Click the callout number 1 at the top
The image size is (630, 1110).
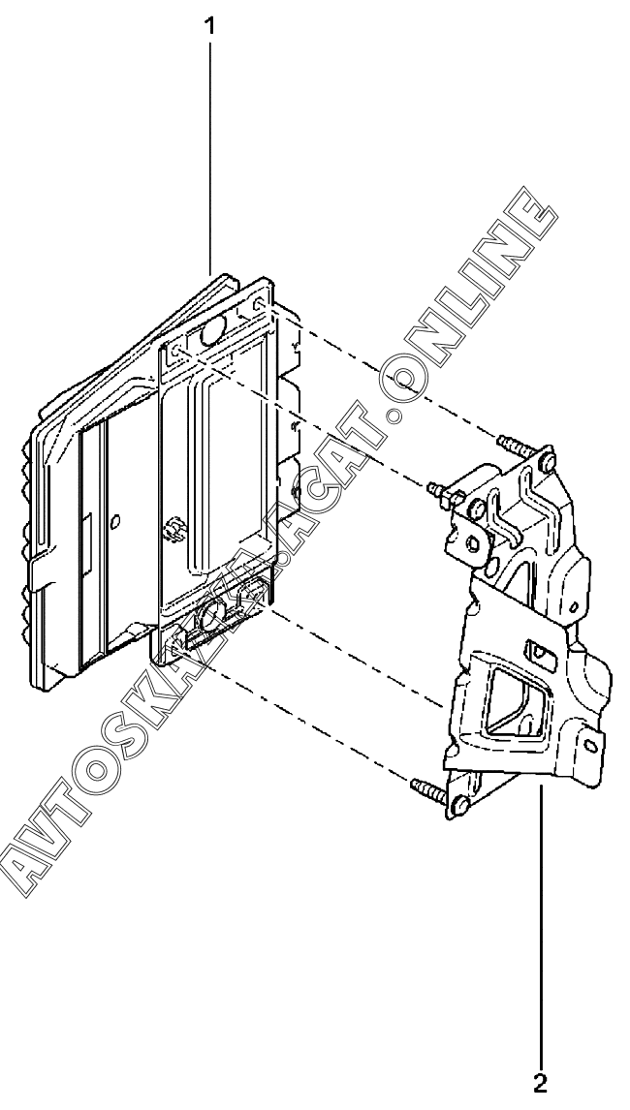click(207, 27)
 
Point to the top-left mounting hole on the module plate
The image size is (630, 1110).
click(175, 347)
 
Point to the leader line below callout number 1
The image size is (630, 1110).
click(208, 145)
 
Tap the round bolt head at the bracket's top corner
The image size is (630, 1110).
click(547, 463)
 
